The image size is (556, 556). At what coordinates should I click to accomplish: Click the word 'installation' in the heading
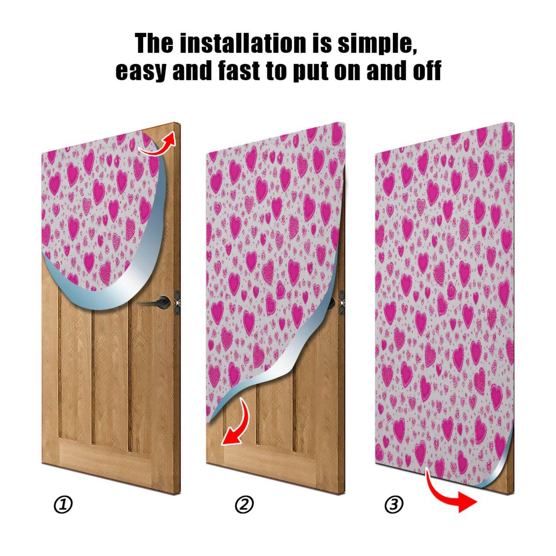coord(244,43)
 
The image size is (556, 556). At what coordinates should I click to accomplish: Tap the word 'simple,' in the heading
coord(377,43)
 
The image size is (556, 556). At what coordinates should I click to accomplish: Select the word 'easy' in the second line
coord(141,71)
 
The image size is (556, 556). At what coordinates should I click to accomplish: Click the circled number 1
coord(63,505)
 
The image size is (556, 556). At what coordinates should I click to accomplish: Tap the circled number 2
coord(244,505)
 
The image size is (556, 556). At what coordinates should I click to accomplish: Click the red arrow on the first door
coord(158,145)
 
